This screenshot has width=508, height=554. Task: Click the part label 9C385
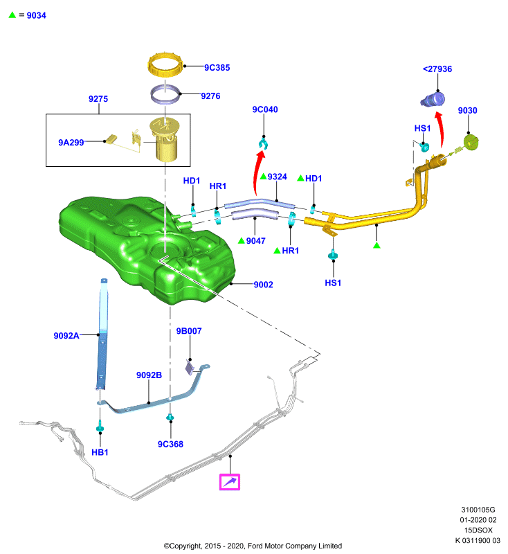point(217,67)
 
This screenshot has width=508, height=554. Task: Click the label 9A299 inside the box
point(71,143)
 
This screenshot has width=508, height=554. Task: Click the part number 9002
point(264,285)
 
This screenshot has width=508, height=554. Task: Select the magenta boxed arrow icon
point(230,482)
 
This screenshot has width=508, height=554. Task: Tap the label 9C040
point(265,109)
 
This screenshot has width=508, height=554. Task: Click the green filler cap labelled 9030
point(471,142)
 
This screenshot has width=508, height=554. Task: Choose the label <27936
point(437,69)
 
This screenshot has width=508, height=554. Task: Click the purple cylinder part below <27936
point(433,99)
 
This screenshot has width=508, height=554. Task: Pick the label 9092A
point(66,336)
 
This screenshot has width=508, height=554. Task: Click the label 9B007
point(189,331)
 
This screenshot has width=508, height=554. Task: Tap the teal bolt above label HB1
point(100,426)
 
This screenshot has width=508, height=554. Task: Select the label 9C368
point(170,444)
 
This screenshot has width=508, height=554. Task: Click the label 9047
point(255,241)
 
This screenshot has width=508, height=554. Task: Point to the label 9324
point(277,177)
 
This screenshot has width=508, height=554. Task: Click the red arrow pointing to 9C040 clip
point(257,173)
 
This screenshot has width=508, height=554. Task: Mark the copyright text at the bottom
point(253,546)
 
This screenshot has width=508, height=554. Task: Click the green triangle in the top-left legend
point(12,15)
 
